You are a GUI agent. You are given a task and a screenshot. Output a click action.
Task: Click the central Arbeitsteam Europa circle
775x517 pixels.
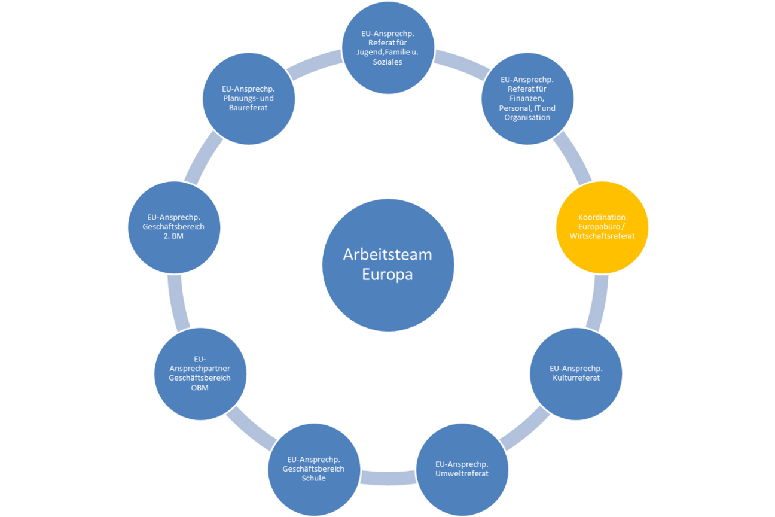tap(388, 264)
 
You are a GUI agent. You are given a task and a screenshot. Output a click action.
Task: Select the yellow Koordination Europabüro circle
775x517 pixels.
tap(602, 227)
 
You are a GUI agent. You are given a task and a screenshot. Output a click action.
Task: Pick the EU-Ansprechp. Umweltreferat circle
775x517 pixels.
tap(462, 469)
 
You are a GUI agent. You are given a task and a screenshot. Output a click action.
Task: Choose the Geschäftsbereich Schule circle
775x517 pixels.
tap(313, 469)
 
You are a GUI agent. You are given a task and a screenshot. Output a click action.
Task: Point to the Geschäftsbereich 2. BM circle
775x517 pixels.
tap(175, 227)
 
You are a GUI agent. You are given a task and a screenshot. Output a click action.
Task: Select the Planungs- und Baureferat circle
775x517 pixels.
tap(249, 98)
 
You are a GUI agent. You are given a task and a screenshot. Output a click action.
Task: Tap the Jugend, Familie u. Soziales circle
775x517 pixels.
tap(388, 48)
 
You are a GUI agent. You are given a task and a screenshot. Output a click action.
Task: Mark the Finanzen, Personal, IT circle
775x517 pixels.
tap(527, 98)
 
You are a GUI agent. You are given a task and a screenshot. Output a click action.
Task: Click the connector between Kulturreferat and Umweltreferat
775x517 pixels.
tap(524, 428)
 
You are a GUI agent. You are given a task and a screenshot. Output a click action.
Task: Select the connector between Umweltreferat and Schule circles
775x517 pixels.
tap(388, 478)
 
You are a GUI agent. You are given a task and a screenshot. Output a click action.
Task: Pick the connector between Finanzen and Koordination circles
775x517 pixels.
tap(572, 159)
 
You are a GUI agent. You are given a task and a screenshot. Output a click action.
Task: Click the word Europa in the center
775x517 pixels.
tap(387, 275)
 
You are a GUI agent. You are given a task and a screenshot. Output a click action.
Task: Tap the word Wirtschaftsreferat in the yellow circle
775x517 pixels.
tap(602, 236)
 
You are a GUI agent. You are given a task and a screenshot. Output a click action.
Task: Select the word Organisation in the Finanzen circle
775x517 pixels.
tap(527, 118)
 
